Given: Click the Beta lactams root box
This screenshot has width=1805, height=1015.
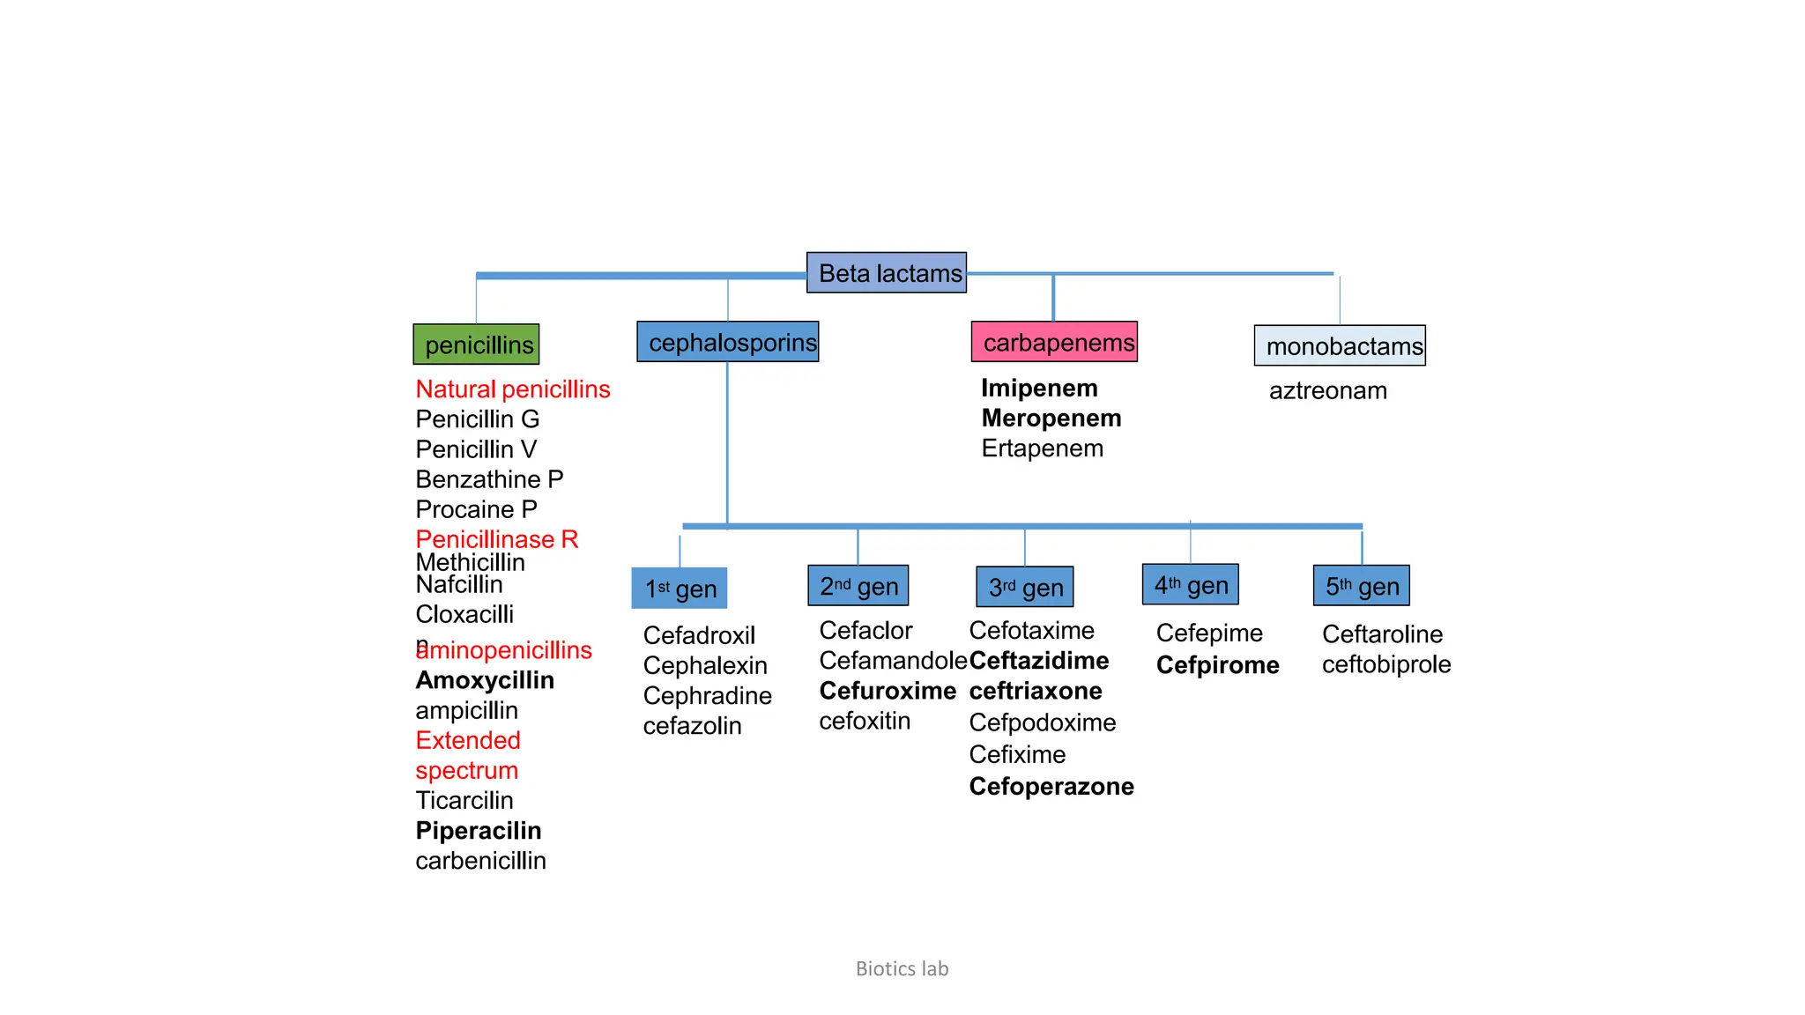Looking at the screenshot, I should pyautogui.click(x=887, y=273).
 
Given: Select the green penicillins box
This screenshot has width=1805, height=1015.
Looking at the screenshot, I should pyautogui.click(x=476, y=345).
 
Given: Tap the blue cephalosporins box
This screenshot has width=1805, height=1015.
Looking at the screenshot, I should pyautogui.click(x=728, y=342).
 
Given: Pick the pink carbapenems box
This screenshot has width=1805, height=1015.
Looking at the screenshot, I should pyautogui.click(x=1054, y=342).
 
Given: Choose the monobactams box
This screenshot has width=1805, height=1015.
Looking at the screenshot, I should pyautogui.click(x=1340, y=346).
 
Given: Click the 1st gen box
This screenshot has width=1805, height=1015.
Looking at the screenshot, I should pyautogui.click(x=680, y=589).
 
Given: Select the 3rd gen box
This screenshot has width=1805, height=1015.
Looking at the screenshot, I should pyautogui.click(x=1025, y=588).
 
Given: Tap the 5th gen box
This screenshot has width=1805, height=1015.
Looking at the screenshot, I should pyautogui.click(x=1362, y=586).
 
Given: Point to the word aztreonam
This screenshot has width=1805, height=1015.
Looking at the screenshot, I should pyautogui.click(x=1327, y=390).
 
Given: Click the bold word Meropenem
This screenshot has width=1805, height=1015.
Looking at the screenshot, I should pyautogui.click(x=1051, y=419).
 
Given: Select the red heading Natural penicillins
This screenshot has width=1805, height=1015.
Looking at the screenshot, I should pyautogui.click(x=512, y=389).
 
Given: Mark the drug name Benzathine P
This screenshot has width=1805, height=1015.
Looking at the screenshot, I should pyautogui.click(x=489, y=479).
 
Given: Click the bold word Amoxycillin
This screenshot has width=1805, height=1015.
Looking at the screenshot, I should pyautogui.click(x=485, y=680).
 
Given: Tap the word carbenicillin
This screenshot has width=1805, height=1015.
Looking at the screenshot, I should pyautogui.click(x=480, y=861).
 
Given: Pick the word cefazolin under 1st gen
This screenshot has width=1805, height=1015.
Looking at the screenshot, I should pyautogui.click(x=692, y=726).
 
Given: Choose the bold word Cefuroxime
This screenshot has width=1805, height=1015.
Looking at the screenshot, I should pyautogui.click(x=887, y=691).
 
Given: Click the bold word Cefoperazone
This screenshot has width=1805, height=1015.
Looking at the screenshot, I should pyautogui.click(x=1051, y=786).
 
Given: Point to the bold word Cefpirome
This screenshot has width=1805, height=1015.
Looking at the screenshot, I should pyautogui.click(x=1217, y=665).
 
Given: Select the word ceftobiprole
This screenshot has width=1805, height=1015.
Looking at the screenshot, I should pyautogui.click(x=1385, y=664).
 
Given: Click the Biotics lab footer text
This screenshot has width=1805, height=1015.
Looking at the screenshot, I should pyautogui.click(x=902, y=968).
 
